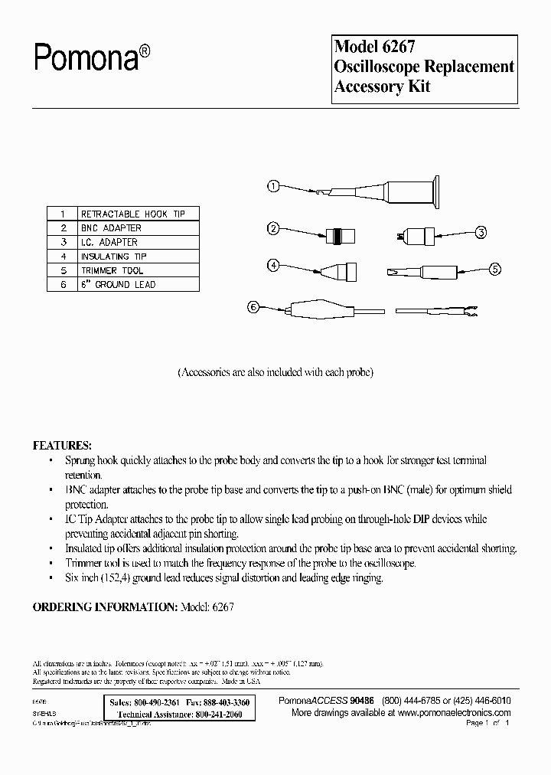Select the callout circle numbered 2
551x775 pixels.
pyautogui.click(x=273, y=227)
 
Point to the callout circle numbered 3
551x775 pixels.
pyautogui.click(x=481, y=232)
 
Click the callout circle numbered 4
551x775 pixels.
pyautogui.click(x=273, y=265)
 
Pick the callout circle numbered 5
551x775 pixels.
pyautogui.click(x=494, y=269)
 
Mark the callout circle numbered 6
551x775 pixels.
pyautogui.click(x=253, y=308)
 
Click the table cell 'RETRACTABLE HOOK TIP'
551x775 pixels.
pyautogui.click(x=132, y=214)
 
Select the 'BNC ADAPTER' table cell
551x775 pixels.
pyautogui.click(x=111, y=227)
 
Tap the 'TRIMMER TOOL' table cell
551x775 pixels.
pyautogui.click(x=112, y=270)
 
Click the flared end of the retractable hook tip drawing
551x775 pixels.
pyautogui.click(x=435, y=191)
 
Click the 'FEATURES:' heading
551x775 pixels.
pyautogui.click(x=62, y=445)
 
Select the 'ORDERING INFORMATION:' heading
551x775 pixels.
pyautogui.click(x=105, y=606)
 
